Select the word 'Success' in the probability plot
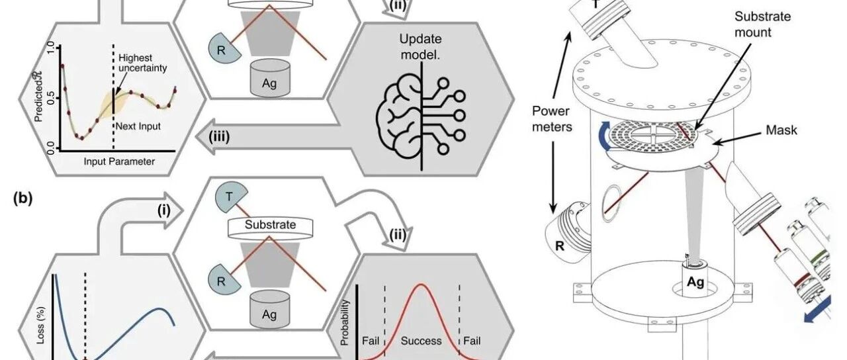point(422,341)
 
